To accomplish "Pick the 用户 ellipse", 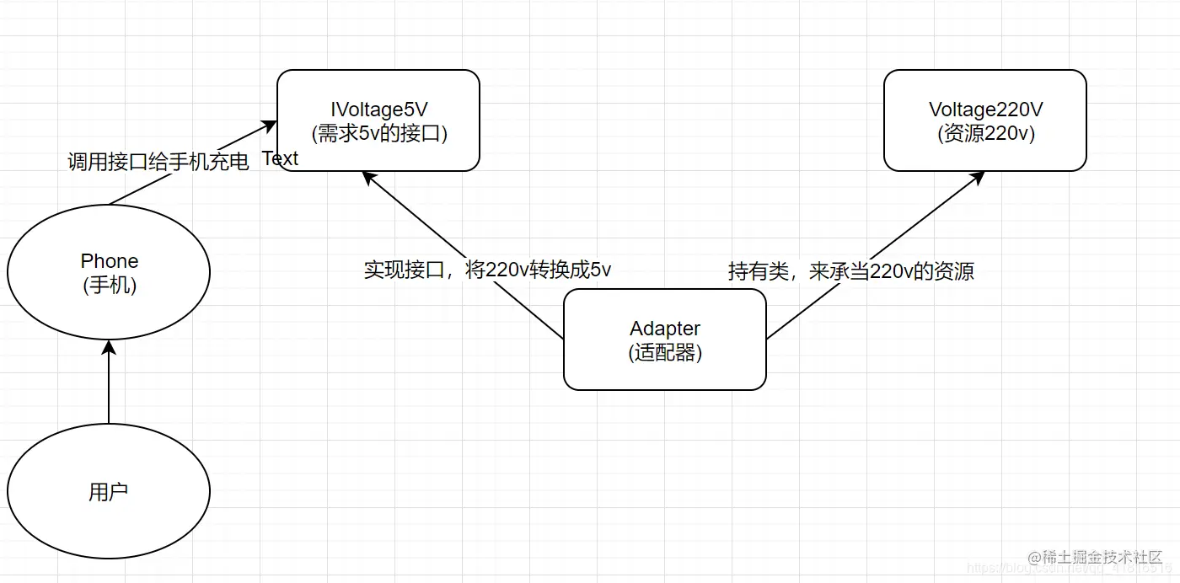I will [x=108, y=491].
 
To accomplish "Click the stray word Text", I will [x=280, y=158].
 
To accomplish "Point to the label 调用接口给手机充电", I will [x=158, y=162].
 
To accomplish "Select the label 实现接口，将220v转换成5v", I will [x=487, y=270].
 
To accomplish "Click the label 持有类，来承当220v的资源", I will [x=850, y=271].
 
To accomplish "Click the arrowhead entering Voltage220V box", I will [x=978, y=177].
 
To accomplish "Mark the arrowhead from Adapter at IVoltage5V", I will [x=368, y=177].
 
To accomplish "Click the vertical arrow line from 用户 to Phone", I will [x=109, y=388].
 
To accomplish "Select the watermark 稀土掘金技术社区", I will [x=1102, y=558].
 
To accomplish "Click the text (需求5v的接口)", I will [x=378, y=133].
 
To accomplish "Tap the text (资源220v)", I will [x=985, y=133].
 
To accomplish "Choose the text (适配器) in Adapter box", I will [x=665, y=352].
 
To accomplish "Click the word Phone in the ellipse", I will [x=110, y=261].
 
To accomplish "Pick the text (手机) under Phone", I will [x=110, y=286].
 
